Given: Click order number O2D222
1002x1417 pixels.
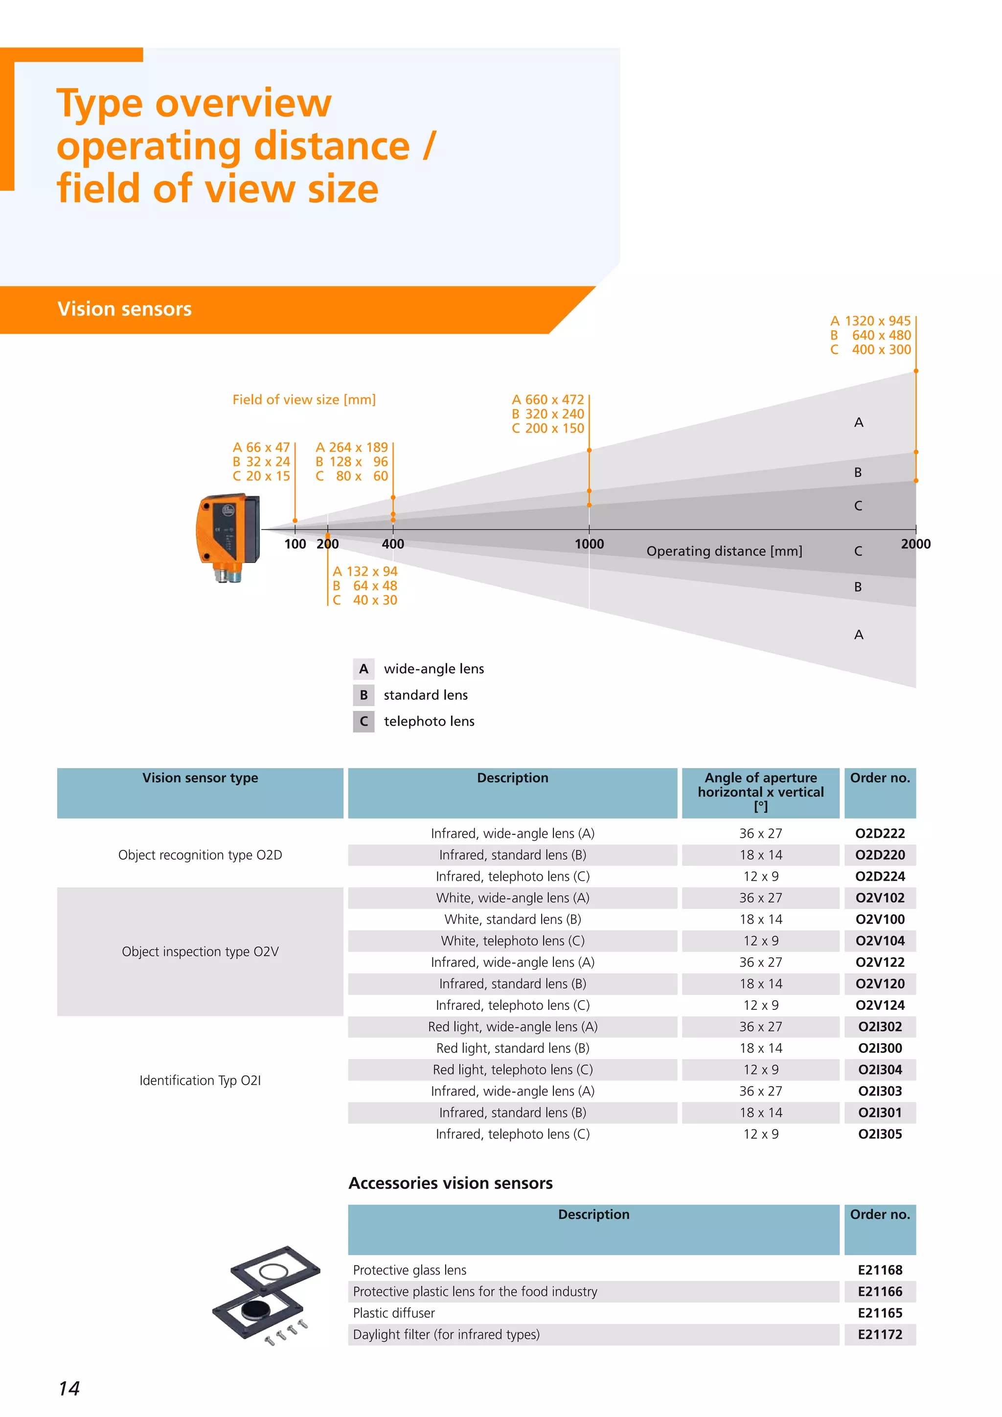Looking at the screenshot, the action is click(879, 833).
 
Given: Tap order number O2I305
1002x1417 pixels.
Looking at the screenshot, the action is click(879, 1134).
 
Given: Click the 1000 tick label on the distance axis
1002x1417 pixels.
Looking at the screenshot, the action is click(589, 544).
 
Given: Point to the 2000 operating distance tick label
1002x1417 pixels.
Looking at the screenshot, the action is click(915, 544).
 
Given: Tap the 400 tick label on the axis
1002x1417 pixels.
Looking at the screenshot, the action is click(392, 544).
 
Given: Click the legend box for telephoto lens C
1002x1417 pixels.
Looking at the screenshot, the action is click(364, 721).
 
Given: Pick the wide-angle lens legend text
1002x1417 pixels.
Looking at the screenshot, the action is click(434, 668).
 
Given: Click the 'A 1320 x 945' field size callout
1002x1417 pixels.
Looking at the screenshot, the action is click(870, 321).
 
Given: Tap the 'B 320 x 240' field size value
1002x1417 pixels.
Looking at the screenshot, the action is click(548, 413).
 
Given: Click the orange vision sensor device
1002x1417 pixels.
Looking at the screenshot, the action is click(228, 534).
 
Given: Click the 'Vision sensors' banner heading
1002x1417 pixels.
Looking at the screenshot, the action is click(125, 309).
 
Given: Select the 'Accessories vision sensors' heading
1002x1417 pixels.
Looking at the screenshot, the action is click(451, 1183).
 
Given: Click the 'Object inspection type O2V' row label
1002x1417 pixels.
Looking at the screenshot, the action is click(200, 951).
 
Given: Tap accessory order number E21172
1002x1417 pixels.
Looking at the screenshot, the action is click(879, 1334).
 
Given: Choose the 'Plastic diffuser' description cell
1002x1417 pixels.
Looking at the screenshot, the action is click(394, 1313).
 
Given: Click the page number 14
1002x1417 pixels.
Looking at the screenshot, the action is click(69, 1388).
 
